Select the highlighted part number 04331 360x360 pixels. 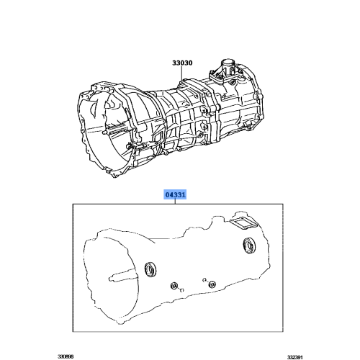click(x=175, y=194)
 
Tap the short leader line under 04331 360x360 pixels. click(x=175, y=202)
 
